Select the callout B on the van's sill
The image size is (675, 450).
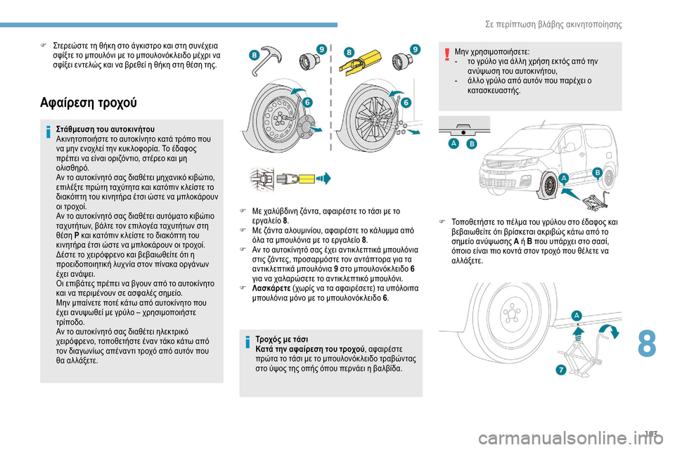[x=597, y=172]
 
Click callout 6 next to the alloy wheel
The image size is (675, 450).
[x=406, y=103]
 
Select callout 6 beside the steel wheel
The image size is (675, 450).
[x=307, y=101]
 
